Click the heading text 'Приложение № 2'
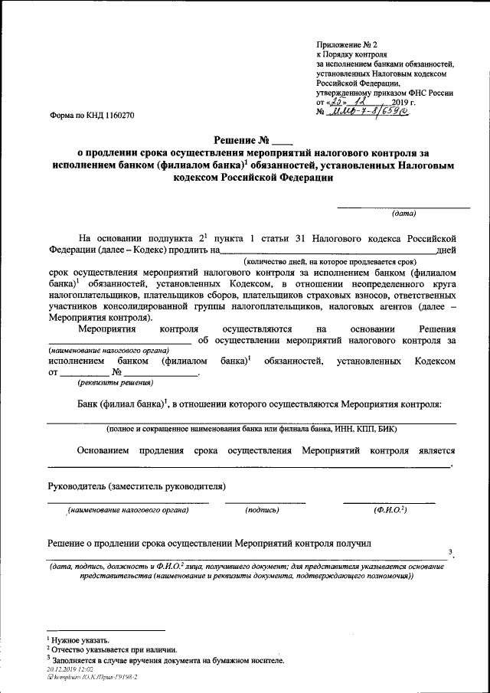(x=346, y=45)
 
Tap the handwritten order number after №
(x=367, y=112)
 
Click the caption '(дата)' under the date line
(x=403, y=214)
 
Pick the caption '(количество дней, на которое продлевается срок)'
(x=335, y=261)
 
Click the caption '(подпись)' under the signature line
(x=262, y=509)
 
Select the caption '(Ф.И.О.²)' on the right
(x=390, y=509)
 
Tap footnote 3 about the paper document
(x=165, y=659)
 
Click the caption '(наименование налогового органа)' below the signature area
(x=127, y=509)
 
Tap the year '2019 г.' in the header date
(x=403, y=102)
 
